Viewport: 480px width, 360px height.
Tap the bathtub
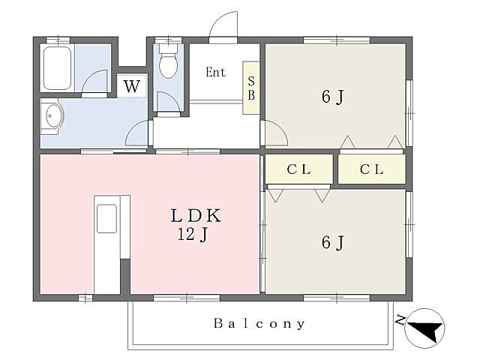(x=57, y=67)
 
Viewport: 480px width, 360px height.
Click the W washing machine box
(x=132, y=86)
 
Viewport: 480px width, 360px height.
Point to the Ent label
(x=215, y=72)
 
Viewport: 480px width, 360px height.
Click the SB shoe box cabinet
(x=251, y=88)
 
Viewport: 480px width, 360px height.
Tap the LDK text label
(x=196, y=215)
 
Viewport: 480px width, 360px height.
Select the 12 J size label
(x=193, y=235)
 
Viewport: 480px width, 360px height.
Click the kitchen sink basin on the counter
(x=106, y=219)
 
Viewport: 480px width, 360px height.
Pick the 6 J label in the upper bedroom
(x=333, y=97)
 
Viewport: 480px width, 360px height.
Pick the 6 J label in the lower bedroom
(x=333, y=242)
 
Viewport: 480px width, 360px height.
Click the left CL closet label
(x=298, y=169)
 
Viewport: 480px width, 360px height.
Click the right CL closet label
(x=372, y=169)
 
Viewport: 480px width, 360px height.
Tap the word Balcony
(x=259, y=323)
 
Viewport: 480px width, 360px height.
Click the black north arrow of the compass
(x=427, y=331)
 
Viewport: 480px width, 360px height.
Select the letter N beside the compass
(x=400, y=320)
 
